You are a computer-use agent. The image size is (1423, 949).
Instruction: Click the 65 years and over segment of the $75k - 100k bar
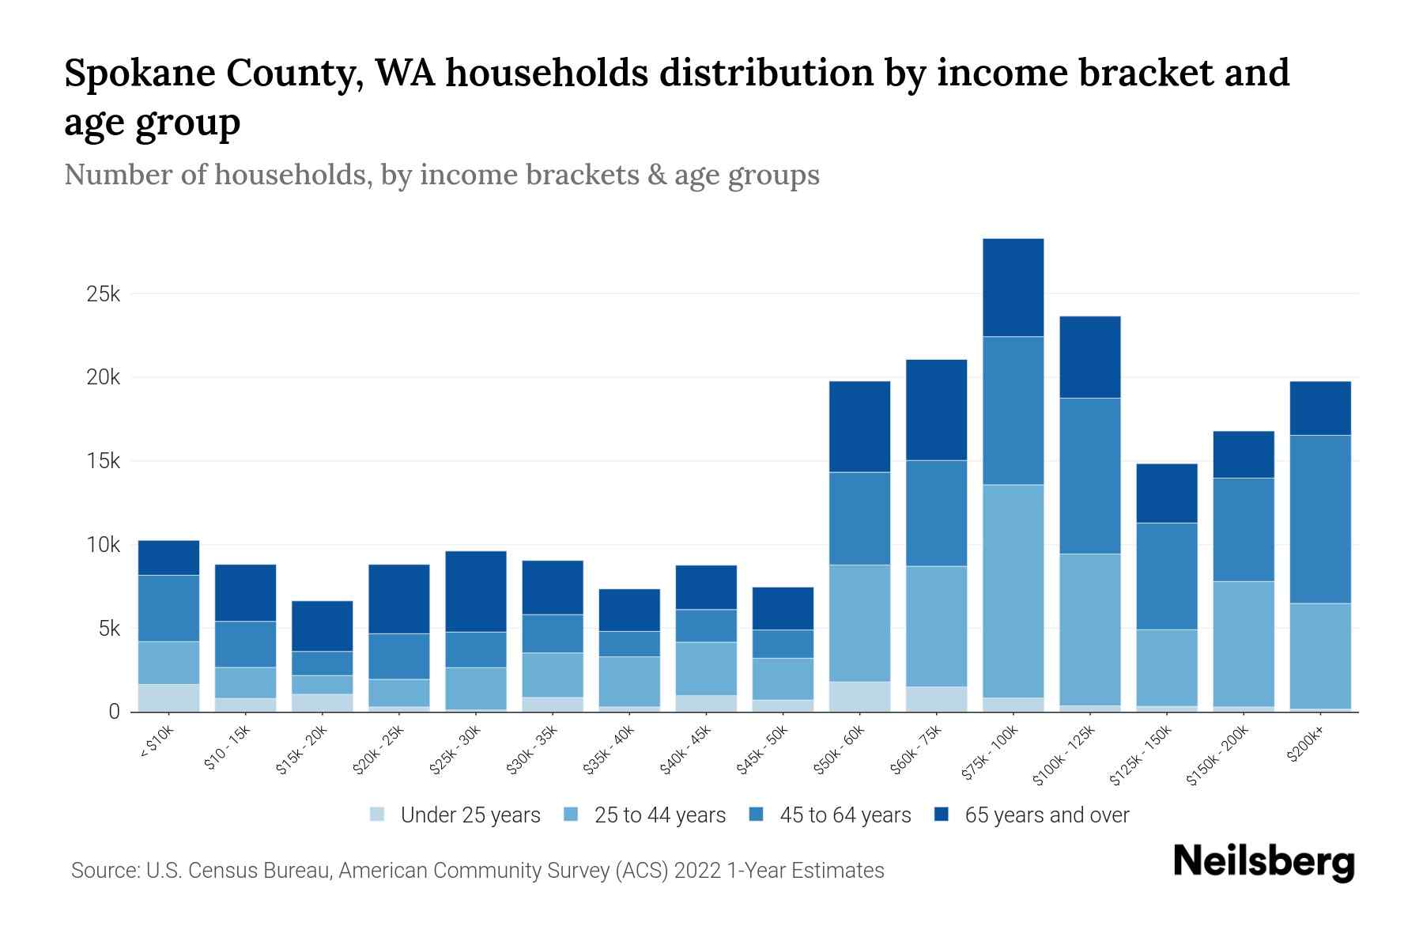[1013, 287]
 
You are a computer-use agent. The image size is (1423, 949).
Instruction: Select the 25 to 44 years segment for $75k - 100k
[1013, 591]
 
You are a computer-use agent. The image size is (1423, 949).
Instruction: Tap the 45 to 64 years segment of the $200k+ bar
[1319, 519]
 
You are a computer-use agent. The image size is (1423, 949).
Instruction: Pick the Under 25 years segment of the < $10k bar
[168, 698]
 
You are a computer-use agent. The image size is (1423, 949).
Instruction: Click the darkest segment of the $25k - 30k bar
[476, 591]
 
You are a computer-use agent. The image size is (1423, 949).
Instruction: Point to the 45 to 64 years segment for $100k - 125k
[1089, 475]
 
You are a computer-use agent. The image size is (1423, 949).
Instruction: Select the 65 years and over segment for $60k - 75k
[936, 410]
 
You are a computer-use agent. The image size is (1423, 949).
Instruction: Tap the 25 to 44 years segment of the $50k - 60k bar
[859, 622]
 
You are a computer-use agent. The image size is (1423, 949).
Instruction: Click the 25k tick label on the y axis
[103, 294]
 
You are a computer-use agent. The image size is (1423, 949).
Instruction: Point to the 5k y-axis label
[109, 630]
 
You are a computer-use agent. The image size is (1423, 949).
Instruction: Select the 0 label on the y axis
[115, 712]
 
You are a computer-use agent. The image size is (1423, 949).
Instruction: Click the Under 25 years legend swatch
[377, 815]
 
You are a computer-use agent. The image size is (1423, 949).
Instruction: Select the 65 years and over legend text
[1047, 815]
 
